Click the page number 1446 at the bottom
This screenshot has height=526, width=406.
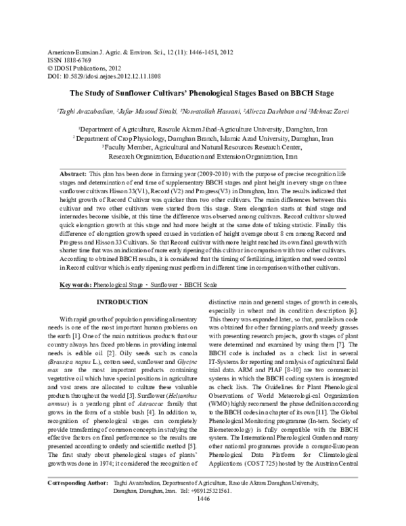tap(202, 517)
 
